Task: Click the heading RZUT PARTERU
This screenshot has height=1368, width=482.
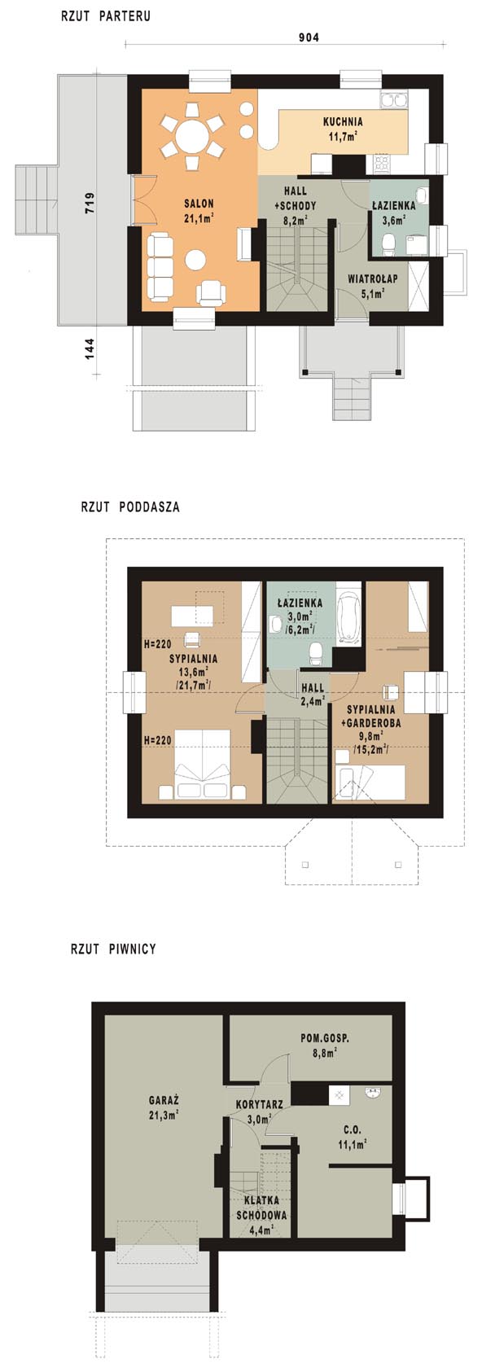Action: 106,16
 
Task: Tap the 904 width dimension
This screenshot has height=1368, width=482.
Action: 309,37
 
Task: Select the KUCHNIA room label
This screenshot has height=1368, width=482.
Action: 343,121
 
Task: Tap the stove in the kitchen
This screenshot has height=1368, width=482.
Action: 383,162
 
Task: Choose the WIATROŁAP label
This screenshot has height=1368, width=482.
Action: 373,278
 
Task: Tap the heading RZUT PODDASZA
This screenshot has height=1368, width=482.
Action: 130,506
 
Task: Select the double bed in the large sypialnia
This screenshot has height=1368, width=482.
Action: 202,764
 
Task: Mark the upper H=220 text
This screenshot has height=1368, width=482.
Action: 158,643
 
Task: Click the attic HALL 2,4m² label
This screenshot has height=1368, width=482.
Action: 312,695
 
